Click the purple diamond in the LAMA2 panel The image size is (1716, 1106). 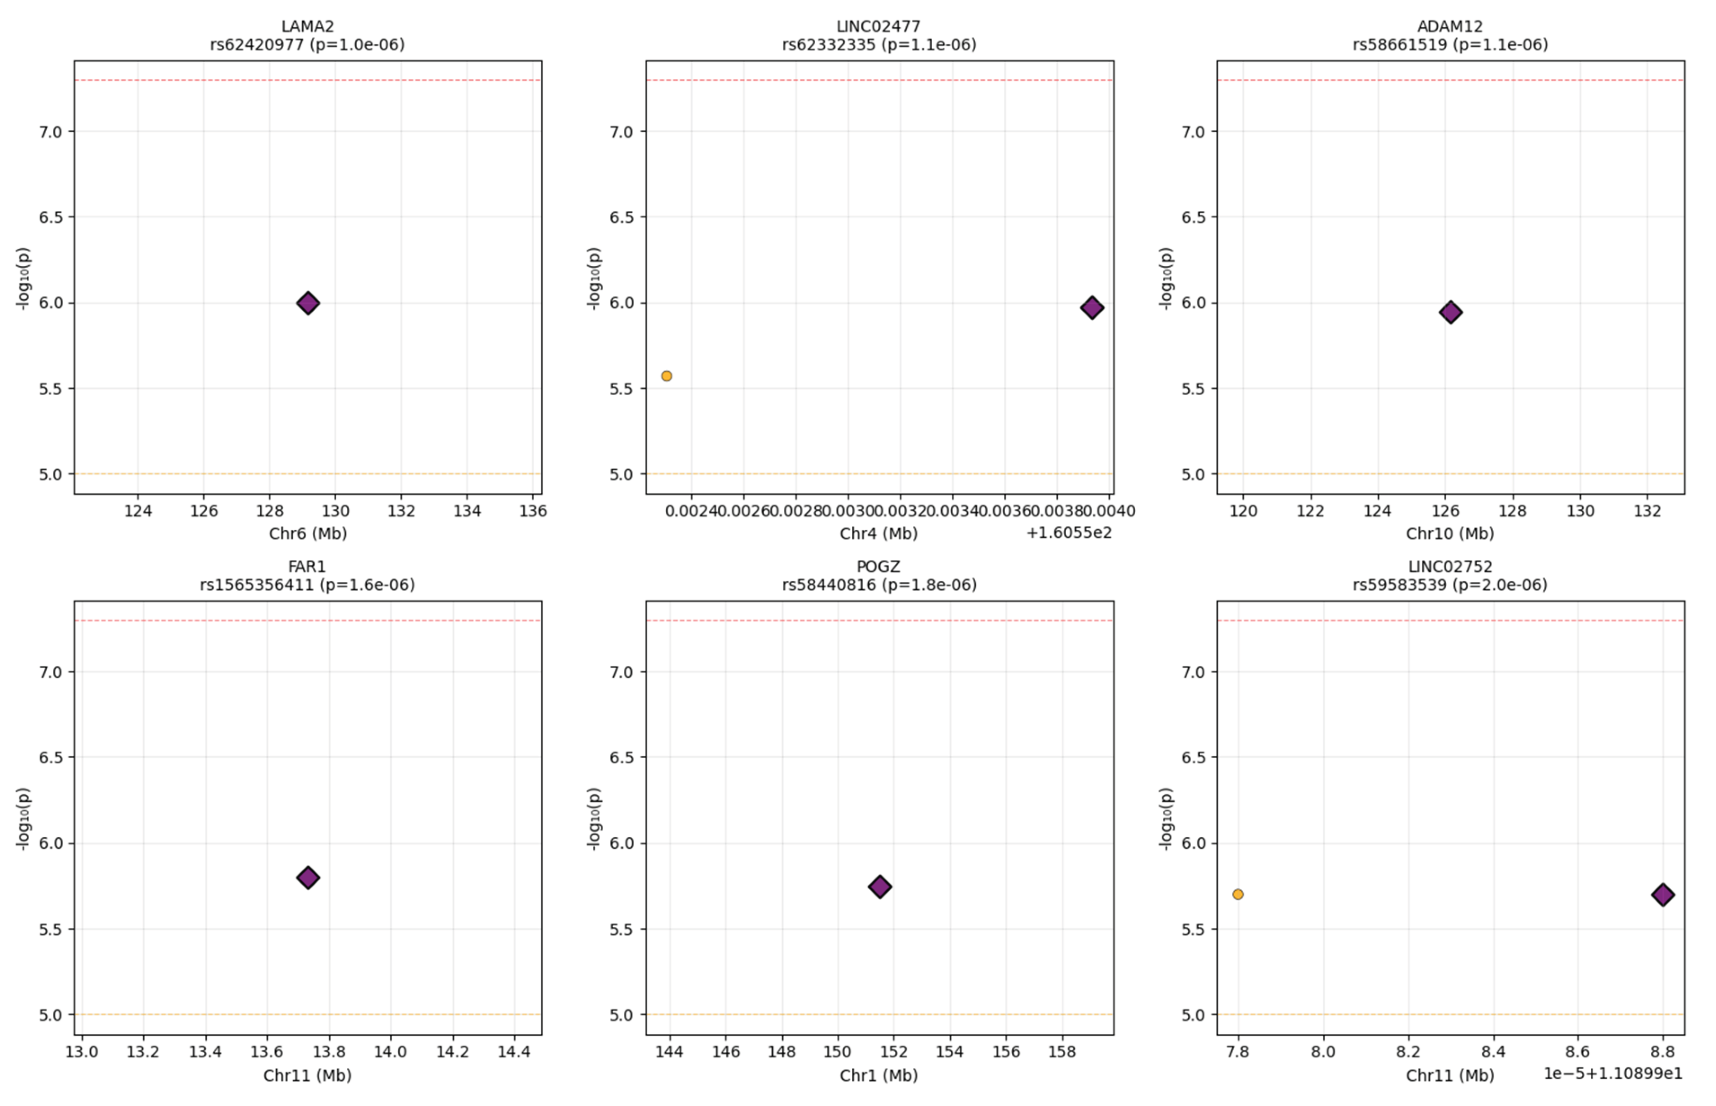click(308, 303)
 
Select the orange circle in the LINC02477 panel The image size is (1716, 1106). click(666, 376)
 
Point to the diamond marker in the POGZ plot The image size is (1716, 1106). click(880, 887)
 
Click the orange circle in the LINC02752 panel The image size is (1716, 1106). click(1237, 894)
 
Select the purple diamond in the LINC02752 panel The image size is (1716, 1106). click(1663, 895)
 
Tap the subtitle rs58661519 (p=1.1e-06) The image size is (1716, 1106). click(1450, 44)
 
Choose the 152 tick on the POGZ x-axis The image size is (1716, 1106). click(893, 1052)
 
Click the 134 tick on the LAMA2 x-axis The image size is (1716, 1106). click(467, 511)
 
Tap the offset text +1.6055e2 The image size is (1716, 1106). click(1068, 533)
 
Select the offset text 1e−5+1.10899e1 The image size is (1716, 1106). click(1612, 1074)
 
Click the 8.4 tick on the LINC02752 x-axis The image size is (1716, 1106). click(1493, 1052)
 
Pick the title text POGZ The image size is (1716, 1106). click(878, 567)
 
